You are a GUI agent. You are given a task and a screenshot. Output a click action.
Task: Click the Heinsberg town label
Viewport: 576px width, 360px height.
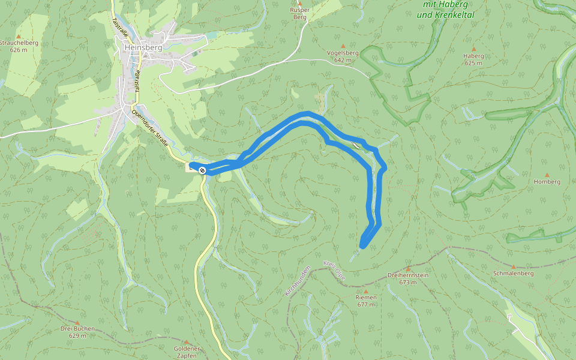pyautogui.click(x=139, y=47)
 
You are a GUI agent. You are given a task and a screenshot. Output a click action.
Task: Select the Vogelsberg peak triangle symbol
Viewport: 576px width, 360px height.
pyautogui.click(x=343, y=46)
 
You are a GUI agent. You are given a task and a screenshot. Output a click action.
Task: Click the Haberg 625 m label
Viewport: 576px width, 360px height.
pyautogui.click(x=473, y=59)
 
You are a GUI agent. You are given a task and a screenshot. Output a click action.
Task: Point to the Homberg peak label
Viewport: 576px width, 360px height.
pyautogui.click(x=547, y=181)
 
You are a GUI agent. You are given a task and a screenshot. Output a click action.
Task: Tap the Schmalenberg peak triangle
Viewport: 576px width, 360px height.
pyautogui.click(x=513, y=266)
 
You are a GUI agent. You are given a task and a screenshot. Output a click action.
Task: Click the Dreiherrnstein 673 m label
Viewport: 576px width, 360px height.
pyautogui.click(x=407, y=278)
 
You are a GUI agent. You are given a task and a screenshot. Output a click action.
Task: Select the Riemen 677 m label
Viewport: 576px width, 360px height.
pyautogui.click(x=366, y=301)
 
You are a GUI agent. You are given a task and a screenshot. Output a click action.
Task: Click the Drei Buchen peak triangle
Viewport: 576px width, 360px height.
pyautogui.click(x=77, y=322)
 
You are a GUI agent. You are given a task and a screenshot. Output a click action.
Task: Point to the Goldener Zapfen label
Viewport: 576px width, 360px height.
pyautogui.click(x=185, y=352)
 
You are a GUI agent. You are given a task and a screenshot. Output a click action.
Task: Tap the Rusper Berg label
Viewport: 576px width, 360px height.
pyautogui.click(x=299, y=14)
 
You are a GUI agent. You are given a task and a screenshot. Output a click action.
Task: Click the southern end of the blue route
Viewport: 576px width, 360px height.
pyautogui.click(x=363, y=245)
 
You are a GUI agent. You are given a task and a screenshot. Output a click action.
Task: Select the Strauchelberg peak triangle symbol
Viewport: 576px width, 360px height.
pyautogui.click(x=18, y=36)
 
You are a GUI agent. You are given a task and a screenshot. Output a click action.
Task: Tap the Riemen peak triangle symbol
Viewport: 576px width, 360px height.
pyautogui.click(x=366, y=291)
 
